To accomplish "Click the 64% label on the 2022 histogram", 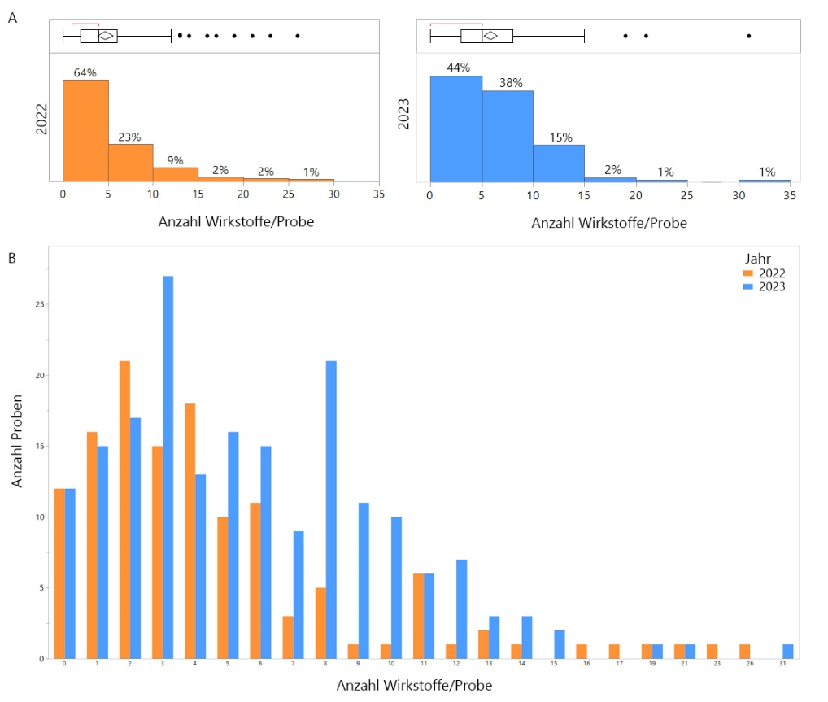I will (85, 72).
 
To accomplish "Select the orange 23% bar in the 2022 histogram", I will (131, 163).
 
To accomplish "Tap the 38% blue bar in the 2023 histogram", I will (508, 136).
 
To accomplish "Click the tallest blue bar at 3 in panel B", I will (168, 467).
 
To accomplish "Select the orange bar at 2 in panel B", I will (124, 509).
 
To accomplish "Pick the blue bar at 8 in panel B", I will (331, 509).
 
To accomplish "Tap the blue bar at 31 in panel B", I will (787, 651).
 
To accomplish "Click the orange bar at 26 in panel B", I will (744, 651).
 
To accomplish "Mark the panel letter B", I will (11, 258).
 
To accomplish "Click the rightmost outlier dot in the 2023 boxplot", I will (748, 36).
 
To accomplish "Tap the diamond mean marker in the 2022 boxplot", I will (106, 36).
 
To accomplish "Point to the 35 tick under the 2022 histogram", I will (378, 195).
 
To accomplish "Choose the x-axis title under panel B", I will (414, 686).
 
